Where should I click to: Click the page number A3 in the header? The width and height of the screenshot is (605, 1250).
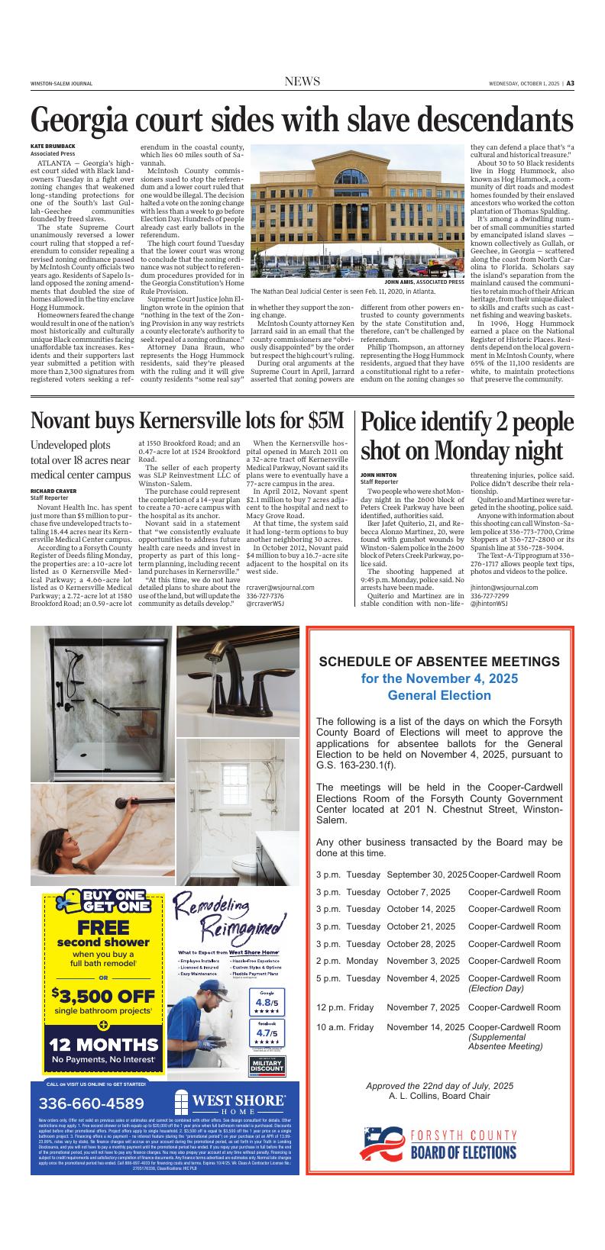570,83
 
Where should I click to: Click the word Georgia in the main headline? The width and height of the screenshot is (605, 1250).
86,121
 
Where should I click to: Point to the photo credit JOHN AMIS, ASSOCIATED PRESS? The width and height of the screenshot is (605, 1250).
424,282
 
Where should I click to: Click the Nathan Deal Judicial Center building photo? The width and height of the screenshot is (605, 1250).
357,210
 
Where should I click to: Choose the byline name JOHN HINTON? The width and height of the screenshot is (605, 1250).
379,475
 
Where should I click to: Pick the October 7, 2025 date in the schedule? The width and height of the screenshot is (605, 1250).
419,892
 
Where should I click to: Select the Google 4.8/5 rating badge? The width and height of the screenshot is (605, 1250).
267,1001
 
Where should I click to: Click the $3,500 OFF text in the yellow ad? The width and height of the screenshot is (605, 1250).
103,996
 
